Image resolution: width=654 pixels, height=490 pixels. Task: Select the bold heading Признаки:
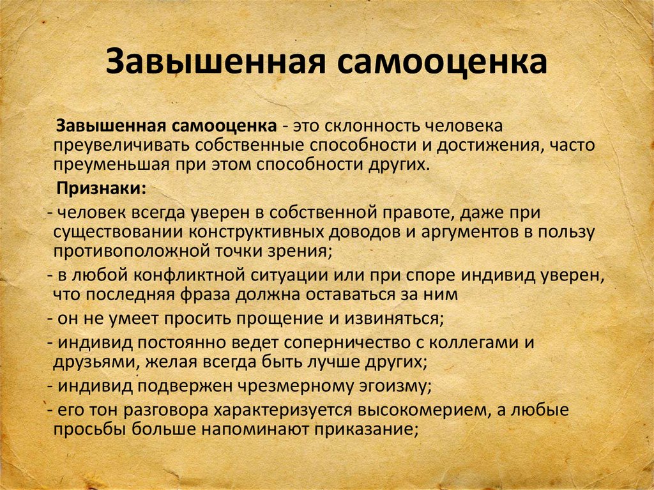tap(102, 189)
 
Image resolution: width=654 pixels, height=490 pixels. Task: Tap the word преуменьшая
tap(111, 165)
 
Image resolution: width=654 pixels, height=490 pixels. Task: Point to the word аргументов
tap(470, 233)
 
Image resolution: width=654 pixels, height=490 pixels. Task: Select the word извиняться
tap(394, 319)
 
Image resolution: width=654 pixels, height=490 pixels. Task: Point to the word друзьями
tap(96, 362)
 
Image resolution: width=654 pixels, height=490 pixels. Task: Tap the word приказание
tap(366, 429)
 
